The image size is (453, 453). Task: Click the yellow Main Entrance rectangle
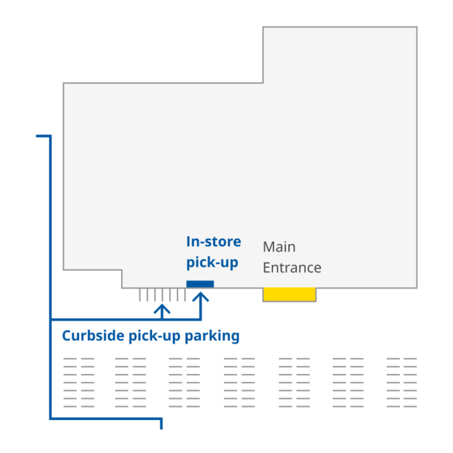tap(289, 294)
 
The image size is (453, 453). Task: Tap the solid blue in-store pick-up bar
tap(200, 284)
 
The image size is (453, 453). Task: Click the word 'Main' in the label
tap(279, 247)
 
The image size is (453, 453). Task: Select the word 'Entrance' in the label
tap(292, 267)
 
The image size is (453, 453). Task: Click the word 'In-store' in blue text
tap(214, 242)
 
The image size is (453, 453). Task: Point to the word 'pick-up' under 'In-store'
tap(212, 263)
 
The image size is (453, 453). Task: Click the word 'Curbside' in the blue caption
tap(93, 336)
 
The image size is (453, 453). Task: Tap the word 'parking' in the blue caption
tap(212, 337)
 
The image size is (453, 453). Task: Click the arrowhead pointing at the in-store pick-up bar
tap(201, 297)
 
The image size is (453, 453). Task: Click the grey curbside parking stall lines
tap(162, 295)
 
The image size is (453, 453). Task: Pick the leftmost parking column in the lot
tap(79, 382)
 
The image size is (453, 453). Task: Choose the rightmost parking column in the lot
tap(401, 382)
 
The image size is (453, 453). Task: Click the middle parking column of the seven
tap(239, 382)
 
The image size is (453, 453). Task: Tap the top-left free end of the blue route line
tap(37, 137)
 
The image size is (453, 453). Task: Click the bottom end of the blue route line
tap(161, 428)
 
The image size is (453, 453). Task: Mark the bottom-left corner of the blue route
tap(50, 419)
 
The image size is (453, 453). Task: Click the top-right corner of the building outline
tap(417, 27)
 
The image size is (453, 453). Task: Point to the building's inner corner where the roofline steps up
tap(263, 83)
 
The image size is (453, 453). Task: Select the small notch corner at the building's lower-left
tap(122, 270)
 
